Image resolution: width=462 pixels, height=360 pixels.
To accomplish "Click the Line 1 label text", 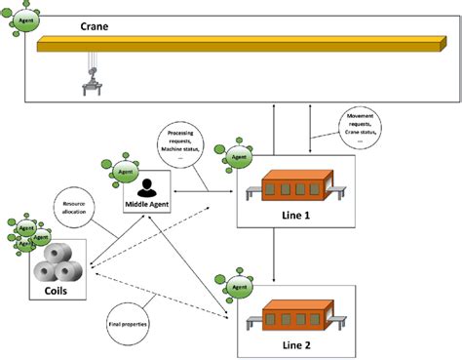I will tap(295, 214).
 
